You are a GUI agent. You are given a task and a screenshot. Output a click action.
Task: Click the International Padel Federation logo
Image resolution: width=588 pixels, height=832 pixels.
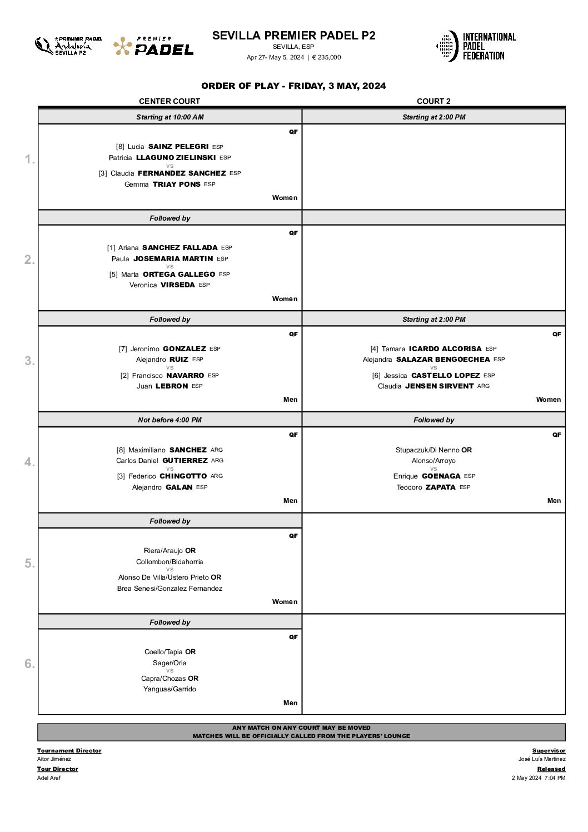pos(476,46)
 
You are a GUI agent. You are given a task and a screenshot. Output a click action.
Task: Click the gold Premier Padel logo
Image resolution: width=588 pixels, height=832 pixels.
pos(153,47)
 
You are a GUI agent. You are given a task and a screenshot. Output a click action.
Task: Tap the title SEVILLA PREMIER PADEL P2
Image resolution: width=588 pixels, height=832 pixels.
pos(293,36)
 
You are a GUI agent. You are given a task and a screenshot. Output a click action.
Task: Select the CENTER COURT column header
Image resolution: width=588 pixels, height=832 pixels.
pos(170,101)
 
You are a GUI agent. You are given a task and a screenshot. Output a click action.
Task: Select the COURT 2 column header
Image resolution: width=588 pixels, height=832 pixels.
pos(433,101)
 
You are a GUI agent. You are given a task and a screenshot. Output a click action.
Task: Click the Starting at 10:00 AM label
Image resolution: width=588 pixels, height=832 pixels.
pos(170,117)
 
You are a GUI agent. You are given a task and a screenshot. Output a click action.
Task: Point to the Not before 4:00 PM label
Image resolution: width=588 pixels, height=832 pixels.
pos(170,420)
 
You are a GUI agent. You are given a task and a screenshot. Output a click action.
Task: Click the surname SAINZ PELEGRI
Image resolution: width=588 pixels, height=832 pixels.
pos(178,147)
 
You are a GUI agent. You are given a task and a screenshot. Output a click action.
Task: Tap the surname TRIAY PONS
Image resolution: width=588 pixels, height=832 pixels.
pos(176,185)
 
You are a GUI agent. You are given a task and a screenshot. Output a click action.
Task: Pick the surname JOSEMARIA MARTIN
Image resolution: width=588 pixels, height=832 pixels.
pos(173,259)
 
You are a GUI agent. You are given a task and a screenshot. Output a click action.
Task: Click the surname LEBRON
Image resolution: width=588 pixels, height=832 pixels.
pos(172,386)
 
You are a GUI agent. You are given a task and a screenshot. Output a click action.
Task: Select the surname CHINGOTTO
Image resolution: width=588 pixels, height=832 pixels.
pos(183,476)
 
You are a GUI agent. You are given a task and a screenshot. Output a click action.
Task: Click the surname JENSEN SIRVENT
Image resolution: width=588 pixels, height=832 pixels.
pos(439,386)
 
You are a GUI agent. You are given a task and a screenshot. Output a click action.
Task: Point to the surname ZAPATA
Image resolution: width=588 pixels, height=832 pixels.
pos(440,487)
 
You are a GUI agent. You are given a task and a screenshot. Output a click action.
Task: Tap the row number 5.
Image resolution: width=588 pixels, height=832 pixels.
pos(29,564)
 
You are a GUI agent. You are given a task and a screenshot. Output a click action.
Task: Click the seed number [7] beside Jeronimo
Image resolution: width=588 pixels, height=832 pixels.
pos(123,349)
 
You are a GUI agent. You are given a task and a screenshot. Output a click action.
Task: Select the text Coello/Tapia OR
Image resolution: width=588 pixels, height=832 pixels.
pos(170,652)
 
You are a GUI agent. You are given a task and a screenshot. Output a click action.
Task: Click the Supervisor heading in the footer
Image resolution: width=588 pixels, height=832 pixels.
pos(549,751)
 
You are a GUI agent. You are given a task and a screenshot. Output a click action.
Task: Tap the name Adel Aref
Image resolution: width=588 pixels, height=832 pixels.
pos(49,778)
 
